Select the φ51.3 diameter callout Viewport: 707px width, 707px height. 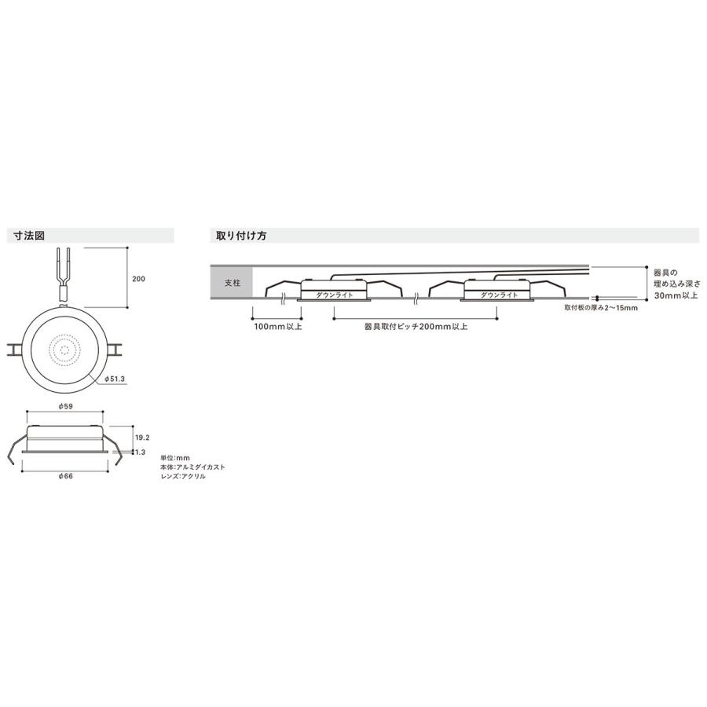pyautogui.click(x=115, y=379)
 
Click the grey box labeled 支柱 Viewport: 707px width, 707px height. pyautogui.click(x=232, y=282)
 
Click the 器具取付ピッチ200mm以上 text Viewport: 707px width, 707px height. pyautogui.click(x=416, y=325)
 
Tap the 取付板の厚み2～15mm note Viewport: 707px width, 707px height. pyautogui.click(x=600, y=308)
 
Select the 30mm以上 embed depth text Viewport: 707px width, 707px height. pyautogui.click(x=676, y=295)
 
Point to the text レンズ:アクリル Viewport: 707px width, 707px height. pyautogui.click(x=182, y=476)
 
